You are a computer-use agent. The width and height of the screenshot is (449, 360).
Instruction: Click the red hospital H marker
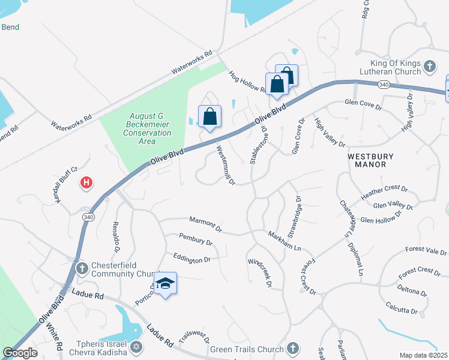coord(87,182)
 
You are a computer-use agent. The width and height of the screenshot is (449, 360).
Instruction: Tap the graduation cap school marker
coord(165,284)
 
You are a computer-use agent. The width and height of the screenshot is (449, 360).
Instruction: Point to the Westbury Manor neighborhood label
coord(371,160)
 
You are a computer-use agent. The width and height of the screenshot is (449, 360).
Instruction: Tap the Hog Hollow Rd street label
coord(247,82)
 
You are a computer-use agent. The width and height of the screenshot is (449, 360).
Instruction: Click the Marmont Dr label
coord(205,226)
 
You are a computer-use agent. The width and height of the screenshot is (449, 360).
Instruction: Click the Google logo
coord(20,353)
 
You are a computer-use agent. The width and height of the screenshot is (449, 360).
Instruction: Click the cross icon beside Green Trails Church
coord(292,348)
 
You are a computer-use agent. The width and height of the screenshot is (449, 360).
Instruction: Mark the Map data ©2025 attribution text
coord(423,355)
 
